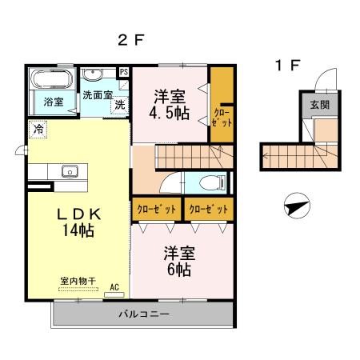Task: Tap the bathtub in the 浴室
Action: click(52, 80)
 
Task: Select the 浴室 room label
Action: click(54, 102)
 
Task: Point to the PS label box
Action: click(123, 72)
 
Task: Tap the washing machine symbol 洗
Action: click(119, 105)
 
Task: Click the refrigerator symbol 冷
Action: click(38, 128)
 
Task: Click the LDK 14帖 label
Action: click(78, 222)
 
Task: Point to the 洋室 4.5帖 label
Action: click(171, 103)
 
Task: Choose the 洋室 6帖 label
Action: click(178, 262)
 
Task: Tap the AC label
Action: click(114, 286)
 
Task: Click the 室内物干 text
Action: click(78, 281)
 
